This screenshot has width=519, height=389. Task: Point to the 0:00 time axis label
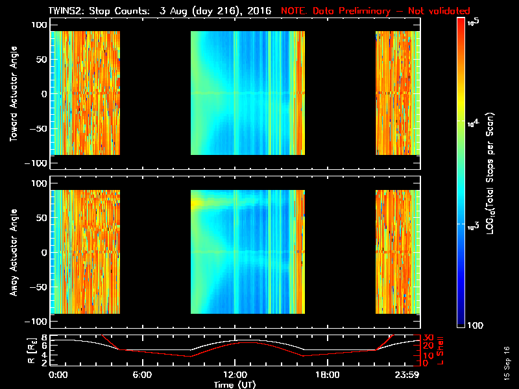pyautogui.click(x=58, y=375)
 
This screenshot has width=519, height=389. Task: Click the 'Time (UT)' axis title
pyautogui.click(x=234, y=384)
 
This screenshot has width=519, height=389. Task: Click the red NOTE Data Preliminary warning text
pyautogui.click(x=375, y=11)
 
